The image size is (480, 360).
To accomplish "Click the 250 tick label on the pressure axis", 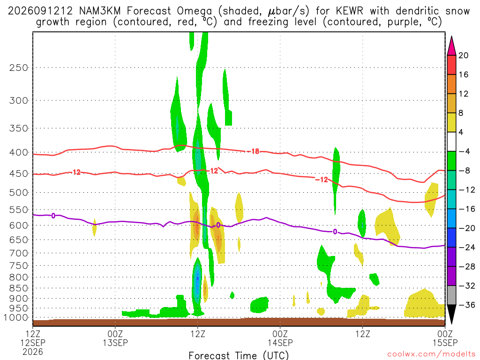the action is click(19, 67).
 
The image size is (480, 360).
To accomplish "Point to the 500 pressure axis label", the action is click(19, 193).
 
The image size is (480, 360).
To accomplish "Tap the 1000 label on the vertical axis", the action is click(16, 318).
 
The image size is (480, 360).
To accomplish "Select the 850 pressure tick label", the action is click(19, 288).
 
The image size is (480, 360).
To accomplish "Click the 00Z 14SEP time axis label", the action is click(280, 337).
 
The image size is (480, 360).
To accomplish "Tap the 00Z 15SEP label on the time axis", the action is click(445, 337).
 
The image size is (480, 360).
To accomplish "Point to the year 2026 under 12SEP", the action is click(33, 352).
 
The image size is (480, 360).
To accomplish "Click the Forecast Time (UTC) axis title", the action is click(239, 355).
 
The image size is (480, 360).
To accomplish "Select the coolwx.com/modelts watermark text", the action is click(431, 354).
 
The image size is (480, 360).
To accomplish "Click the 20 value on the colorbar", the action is click(464, 55).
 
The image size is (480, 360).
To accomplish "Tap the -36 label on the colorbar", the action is click(467, 305).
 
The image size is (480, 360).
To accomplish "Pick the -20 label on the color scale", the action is click(467, 228).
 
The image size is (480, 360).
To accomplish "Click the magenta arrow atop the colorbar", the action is click(451, 45).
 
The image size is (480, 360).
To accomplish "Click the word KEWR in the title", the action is click(349, 11).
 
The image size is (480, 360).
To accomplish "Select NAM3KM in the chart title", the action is click(100, 11).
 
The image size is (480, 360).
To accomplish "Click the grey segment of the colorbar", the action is click(451, 295).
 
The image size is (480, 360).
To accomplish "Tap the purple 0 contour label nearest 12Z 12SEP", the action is click(53, 216).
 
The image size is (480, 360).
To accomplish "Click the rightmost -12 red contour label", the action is click(322, 180).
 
